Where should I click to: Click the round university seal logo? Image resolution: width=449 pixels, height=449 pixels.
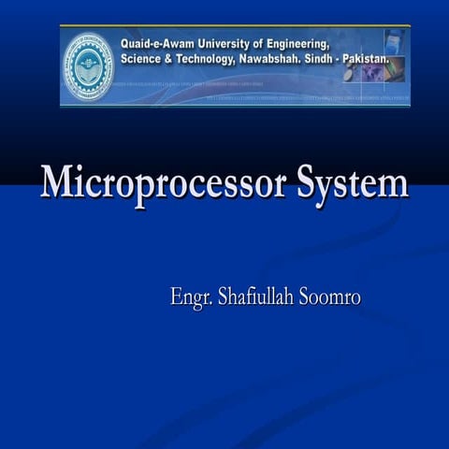tap(88, 65)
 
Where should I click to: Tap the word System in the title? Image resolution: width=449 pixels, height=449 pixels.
tap(352, 182)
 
